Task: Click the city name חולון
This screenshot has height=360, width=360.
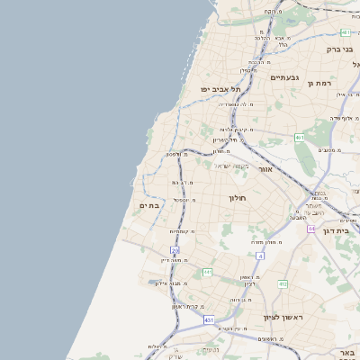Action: (237, 197)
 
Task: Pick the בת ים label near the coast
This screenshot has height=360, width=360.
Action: (148, 205)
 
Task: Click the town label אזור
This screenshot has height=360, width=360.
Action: (265, 169)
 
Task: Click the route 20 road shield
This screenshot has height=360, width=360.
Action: (175, 250)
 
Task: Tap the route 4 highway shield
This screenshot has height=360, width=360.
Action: (259, 256)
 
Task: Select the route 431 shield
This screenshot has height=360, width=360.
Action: (209, 319)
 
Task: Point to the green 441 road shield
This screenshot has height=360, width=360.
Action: (207, 272)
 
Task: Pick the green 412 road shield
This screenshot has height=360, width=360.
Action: (282, 284)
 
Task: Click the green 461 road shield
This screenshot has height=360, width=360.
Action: (300, 138)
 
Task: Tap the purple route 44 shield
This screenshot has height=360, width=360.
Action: (310, 229)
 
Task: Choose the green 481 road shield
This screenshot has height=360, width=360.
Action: (345, 32)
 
